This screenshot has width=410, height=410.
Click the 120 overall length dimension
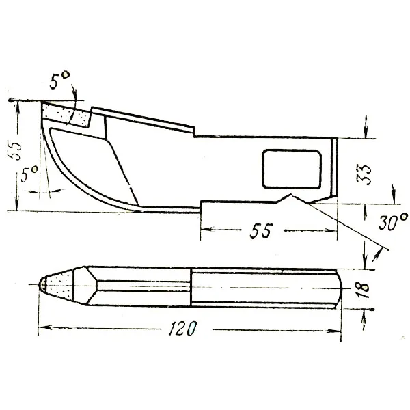[x=182, y=328]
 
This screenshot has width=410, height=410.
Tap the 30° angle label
[x=393, y=221]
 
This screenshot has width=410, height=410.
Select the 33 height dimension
[x=364, y=175]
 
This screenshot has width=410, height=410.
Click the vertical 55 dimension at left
[x=14, y=150]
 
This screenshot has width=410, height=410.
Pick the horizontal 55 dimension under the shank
[x=261, y=231]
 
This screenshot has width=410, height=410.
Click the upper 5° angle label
[x=59, y=80]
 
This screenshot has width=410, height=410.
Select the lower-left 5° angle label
[x=29, y=174]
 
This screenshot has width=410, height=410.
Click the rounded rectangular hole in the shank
[x=292, y=169]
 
